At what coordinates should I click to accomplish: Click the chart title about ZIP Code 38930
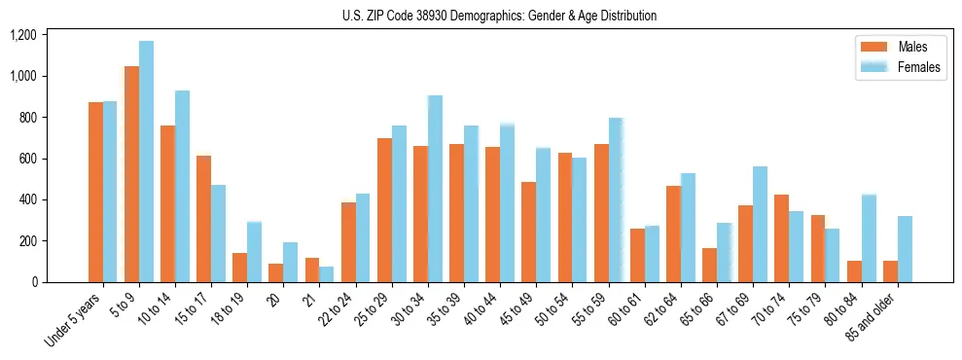(499, 16)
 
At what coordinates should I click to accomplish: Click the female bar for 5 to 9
(146, 162)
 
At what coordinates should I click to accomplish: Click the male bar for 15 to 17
(203, 219)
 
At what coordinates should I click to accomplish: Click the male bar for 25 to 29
(384, 210)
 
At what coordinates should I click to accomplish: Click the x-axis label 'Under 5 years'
(74, 322)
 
